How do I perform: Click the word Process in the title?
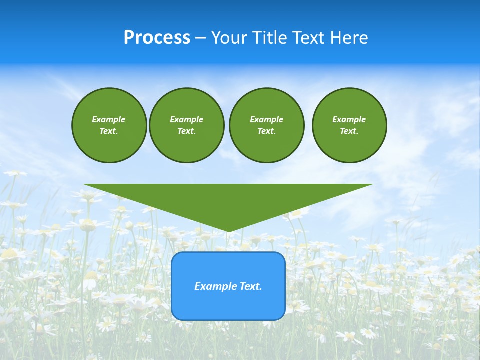(157, 38)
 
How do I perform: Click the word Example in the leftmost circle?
(109, 119)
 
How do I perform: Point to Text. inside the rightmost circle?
(349, 131)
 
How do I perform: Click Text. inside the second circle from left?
(186, 131)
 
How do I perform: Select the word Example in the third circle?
(266, 119)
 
